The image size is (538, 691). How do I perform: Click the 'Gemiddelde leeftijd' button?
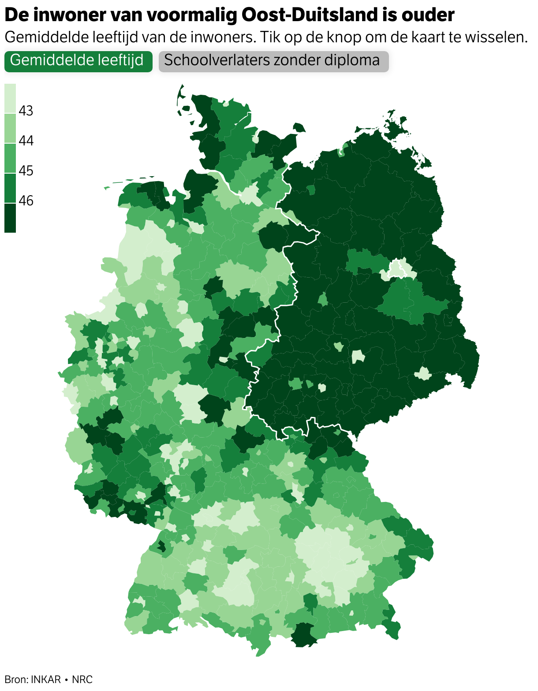click(78, 61)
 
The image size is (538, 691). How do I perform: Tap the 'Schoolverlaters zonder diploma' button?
click(273, 61)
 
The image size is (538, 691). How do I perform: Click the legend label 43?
click(26, 111)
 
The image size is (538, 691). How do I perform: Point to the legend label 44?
click(26, 141)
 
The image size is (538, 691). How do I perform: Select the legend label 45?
click(26, 171)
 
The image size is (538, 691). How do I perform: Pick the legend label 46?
click(26, 201)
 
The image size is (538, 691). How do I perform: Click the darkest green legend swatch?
click(10, 218)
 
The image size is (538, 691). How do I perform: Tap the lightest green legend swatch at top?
click(10, 99)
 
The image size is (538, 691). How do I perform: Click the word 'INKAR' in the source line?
click(46, 680)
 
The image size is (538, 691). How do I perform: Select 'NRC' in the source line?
click(82, 680)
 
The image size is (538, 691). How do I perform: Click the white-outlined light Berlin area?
click(398, 269)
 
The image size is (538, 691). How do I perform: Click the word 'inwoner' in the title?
click(71, 15)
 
